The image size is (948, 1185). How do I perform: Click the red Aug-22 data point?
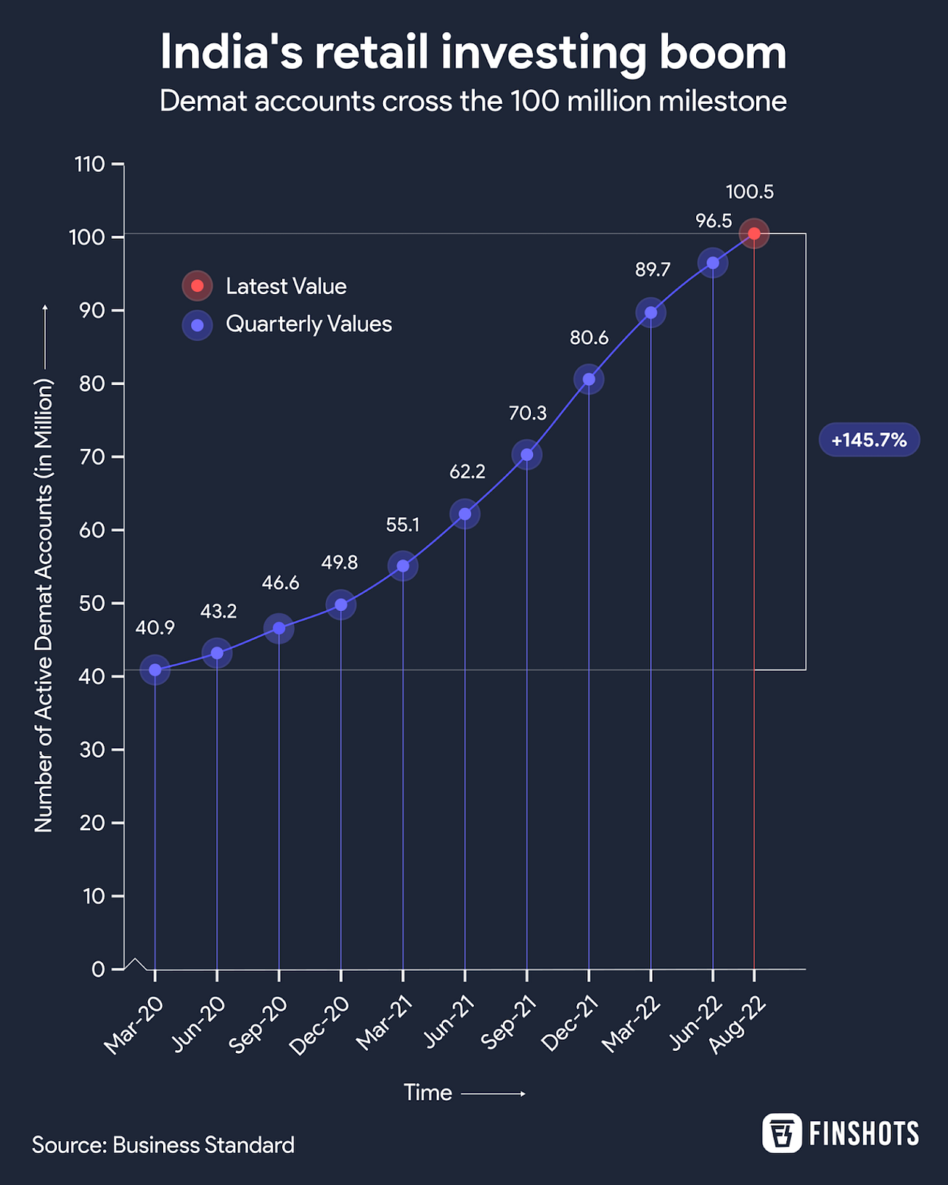point(754,234)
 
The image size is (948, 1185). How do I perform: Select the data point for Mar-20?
point(155,669)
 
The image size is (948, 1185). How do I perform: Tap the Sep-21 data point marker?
point(527,455)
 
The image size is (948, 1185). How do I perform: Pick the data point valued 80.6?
point(589,379)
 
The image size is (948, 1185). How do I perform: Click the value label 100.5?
point(749,193)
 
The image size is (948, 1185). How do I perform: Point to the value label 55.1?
point(403,525)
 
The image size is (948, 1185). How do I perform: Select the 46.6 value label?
point(281,583)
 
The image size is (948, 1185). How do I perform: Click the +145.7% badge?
point(869,440)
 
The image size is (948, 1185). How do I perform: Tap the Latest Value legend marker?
point(197,286)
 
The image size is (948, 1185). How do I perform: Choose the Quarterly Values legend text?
point(309,324)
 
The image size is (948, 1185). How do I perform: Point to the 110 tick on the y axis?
point(89,164)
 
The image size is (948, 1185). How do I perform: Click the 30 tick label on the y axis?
point(92,750)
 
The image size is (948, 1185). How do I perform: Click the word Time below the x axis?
point(428,1093)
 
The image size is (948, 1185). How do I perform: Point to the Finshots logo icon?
point(781,1133)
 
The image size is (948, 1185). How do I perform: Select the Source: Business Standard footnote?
point(163,1145)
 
